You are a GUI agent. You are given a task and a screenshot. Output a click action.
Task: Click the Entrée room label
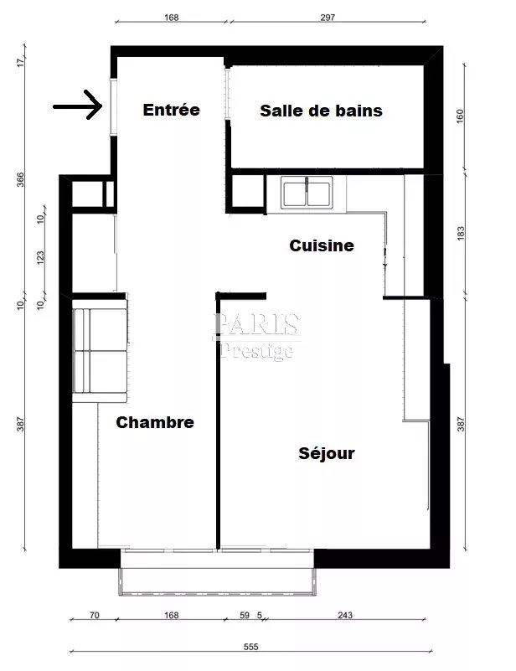171,110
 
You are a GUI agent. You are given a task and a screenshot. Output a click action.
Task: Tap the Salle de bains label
321,111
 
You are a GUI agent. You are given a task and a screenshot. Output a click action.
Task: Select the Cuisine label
322,245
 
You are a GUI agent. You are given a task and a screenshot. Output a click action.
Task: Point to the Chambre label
155,422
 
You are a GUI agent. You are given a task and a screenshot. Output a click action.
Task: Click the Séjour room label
327,453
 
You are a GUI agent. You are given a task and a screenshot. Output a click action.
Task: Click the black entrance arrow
78,105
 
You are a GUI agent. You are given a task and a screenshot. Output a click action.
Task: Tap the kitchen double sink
307,194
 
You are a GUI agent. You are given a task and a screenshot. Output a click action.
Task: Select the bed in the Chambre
100,350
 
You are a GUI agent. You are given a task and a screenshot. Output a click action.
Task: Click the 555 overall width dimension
251,647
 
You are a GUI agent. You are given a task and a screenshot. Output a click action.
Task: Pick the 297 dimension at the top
328,17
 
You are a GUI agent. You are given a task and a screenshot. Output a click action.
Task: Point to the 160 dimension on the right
460,116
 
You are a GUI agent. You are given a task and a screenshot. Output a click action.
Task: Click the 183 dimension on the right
461,233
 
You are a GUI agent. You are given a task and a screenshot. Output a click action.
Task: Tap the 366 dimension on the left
21,179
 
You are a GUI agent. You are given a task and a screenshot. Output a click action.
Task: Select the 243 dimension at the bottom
345,615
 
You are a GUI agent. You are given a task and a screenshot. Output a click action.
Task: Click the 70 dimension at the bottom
94,615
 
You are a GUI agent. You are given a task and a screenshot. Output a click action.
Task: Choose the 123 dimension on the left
41,258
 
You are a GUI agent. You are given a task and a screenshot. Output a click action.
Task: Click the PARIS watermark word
256,324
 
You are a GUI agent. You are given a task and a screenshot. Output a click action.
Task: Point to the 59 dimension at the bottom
245,615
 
